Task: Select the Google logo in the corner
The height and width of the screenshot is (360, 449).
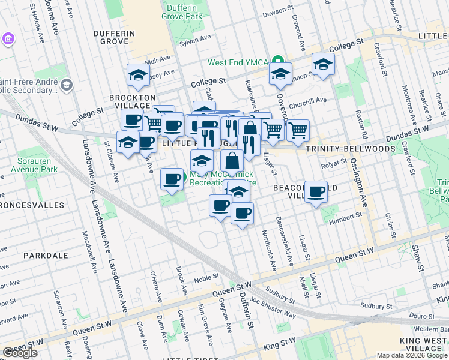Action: tap(20, 353)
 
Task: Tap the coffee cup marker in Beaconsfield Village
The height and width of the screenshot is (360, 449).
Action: tap(316, 193)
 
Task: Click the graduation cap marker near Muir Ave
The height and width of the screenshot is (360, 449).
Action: tap(138, 76)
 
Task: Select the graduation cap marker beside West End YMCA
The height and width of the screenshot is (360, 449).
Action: tap(280, 74)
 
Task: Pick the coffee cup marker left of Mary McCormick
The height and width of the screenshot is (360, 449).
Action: tap(172, 179)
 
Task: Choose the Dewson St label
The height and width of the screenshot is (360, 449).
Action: tap(276, 11)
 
